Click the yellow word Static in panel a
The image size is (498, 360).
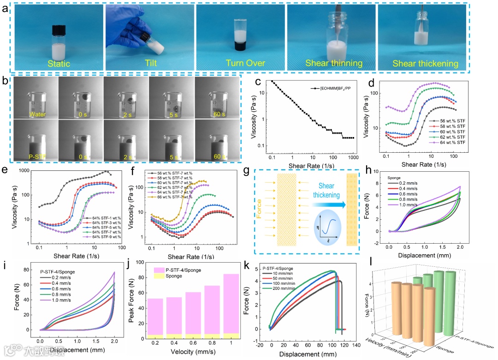click(x=58, y=64)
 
